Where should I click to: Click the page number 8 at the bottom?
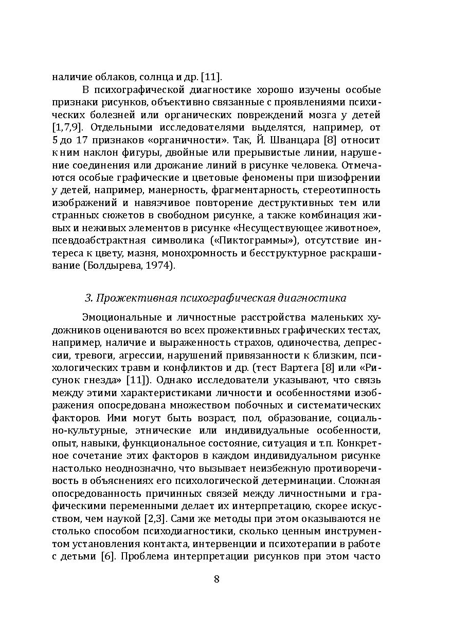pyautogui.click(x=217, y=579)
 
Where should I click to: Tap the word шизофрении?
pyautogui.click(x=350, y=178)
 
